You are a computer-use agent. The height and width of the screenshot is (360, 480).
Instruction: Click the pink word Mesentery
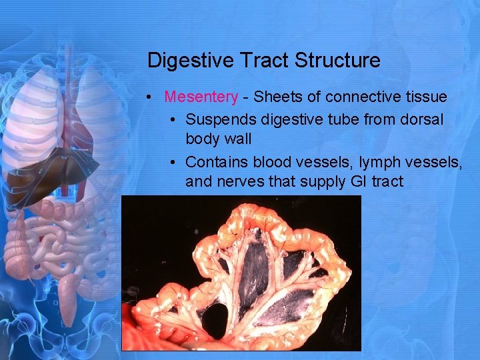(201, 97)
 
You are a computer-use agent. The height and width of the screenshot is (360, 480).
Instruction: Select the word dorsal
(420, 119)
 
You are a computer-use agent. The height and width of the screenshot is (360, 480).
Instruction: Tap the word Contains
(214, 162)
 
